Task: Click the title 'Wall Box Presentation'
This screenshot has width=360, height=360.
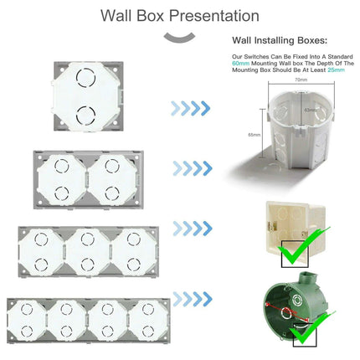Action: click(x=179, y=15)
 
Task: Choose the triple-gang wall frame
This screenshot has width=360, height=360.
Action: click(x=86, y=248)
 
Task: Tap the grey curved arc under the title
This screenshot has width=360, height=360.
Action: click(x=179, y=36)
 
